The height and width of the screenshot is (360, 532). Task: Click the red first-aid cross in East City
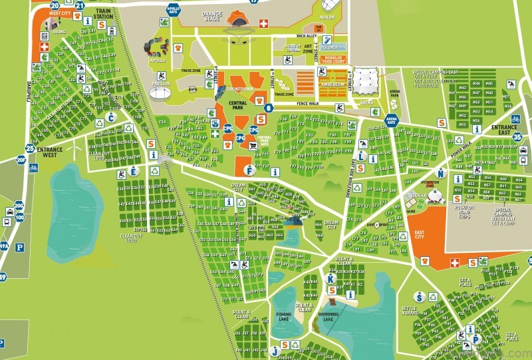pyautogui.click(x=455, y=263)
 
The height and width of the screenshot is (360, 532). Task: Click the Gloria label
pyautogui.click(x=330, y=47)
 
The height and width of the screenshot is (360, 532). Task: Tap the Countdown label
pyautogui.click(x=239, y=90)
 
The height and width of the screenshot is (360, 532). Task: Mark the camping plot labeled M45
pyautogui.click(x=490, y=84)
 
